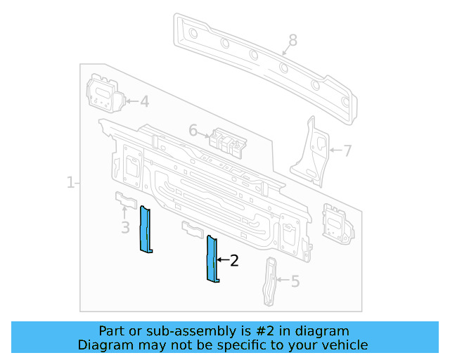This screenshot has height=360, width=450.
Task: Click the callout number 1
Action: pos(70,183)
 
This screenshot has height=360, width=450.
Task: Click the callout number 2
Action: pos(234,261)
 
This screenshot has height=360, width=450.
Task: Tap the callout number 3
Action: pos(125,227)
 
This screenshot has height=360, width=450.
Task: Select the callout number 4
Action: pos(144,102)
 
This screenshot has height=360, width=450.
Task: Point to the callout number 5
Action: pos(295,282)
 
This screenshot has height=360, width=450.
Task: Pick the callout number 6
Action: pos(193,130)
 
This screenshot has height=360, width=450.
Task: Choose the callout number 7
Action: pos(347,150)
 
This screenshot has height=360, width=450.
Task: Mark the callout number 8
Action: pos(292,41)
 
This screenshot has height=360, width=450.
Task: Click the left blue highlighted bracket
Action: pos(146,229)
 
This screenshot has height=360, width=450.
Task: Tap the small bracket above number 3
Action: pos(124,199)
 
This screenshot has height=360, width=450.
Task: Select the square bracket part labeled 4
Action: pos(103,94)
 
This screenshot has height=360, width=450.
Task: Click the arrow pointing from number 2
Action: pos(222,260)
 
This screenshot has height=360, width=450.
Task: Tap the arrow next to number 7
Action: pos(334,150)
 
